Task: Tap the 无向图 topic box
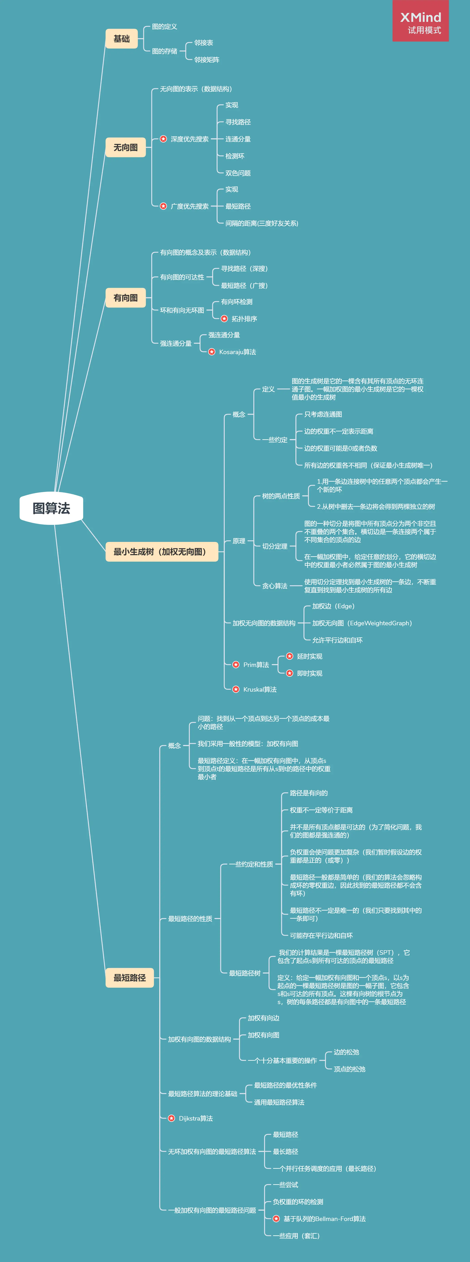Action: pos(125,147)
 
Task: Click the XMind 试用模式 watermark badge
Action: pos(421,21)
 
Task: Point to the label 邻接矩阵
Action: pos(207,60)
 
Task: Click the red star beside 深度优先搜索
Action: pos(163,139)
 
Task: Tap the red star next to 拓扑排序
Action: pos(224,319)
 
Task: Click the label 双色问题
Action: pos(238,173)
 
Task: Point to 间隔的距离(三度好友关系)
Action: pos(262,223)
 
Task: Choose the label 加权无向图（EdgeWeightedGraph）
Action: pos(362,623)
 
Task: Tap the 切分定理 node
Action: pos(275,546)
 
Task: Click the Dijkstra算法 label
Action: pos(196,1119)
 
